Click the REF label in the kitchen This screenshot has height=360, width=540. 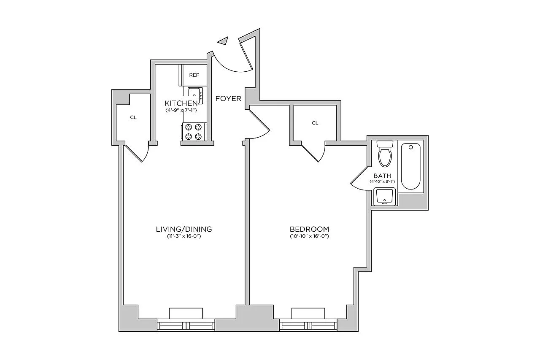coord(194,75)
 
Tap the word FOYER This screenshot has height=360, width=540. coord(228,99)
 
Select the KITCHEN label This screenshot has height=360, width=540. coord(181,103)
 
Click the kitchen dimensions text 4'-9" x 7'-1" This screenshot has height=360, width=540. coord(181,111)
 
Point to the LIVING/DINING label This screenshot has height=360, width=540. coord(184,229)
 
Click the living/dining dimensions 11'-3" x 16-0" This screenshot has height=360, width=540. coord(184,236)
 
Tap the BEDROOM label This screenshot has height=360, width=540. coord(309,229)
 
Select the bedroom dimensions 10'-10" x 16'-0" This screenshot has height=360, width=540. coord(309,236)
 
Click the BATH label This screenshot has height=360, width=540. coord(382,176)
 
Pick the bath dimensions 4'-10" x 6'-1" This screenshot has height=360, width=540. coord(382,181)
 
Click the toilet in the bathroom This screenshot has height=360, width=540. coord(385,154)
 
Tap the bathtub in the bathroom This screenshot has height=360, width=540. coord(411,166)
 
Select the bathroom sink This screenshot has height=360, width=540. coord(384,197)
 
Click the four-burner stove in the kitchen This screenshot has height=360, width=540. coord(193,132)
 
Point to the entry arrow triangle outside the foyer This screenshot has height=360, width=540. coord(223,41)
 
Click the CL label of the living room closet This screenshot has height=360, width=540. coord(133,117)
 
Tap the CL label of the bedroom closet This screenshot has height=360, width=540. coord(315,123)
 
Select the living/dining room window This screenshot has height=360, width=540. coord(186,325)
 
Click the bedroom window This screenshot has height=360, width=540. coord(308,325)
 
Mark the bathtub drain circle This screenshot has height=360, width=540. coord(411,147)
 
